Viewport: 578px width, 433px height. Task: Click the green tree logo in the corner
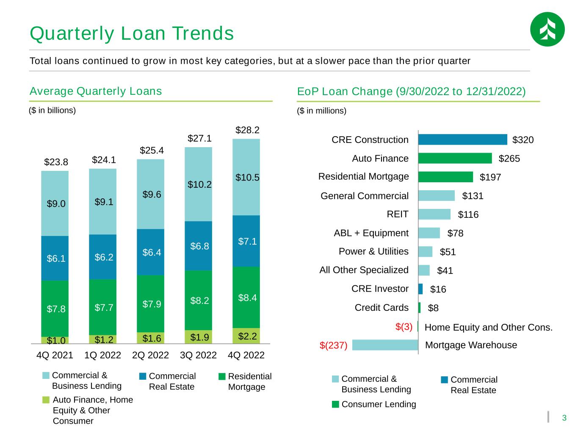(547, 29)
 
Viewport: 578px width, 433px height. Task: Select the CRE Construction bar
(462, 140)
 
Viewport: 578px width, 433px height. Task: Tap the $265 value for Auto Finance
(509, 159)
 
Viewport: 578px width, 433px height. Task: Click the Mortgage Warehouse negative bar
(385, 345)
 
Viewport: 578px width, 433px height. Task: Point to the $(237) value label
(333, 345)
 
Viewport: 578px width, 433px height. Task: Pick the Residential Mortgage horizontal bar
(445, 177)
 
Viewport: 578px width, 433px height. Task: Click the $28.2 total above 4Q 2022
(247, 130)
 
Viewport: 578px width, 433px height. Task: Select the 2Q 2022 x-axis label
(150, 355)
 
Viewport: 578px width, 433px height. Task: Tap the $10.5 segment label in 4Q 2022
(247, 178)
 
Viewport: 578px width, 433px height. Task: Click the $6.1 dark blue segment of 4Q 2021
(55, 258)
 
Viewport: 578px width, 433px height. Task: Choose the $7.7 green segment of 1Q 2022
(103, 307)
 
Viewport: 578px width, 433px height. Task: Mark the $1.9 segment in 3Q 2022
(198, 337)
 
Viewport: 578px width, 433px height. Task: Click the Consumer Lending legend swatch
(335, 404)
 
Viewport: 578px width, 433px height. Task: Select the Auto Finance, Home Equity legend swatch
(46, 400)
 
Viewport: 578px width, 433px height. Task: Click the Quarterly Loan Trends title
(132, 33)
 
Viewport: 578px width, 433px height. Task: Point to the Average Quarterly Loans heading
(96, 91)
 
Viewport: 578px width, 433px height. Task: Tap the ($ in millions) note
(321, 111)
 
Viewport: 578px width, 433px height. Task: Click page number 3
(564, 417)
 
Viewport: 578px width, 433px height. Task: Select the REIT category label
(397, 214)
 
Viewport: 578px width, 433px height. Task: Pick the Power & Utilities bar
(425, 252)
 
